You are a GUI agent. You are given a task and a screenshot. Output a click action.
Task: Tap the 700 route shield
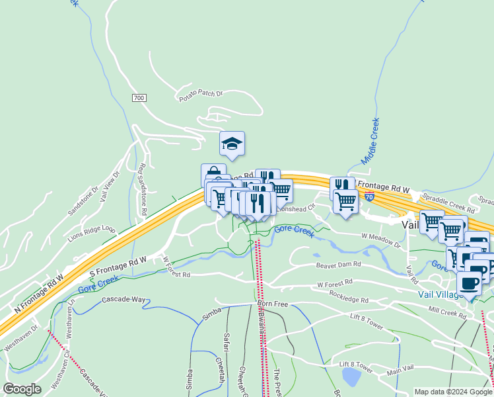pyautogui.click(x=138, y=98)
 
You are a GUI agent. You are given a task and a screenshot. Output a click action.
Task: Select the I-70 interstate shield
pyautogui.click(x=370, y=197)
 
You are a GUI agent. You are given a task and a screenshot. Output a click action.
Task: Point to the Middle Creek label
pyautogui.click(x=371, y=141)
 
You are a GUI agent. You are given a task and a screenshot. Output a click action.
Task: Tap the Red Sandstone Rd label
pyautogui.click(x=141, y=191)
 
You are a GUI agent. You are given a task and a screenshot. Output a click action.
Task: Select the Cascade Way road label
pyautogui.click(x=123, y=300)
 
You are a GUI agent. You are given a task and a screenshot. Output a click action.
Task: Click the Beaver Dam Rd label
pyautogui.click(x=338, y=265)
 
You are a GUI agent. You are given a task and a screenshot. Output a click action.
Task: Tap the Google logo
pyautogui.click(x=22, y=389)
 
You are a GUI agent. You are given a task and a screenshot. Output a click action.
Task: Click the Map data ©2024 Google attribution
pyautogui.click(x=453, y=392)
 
